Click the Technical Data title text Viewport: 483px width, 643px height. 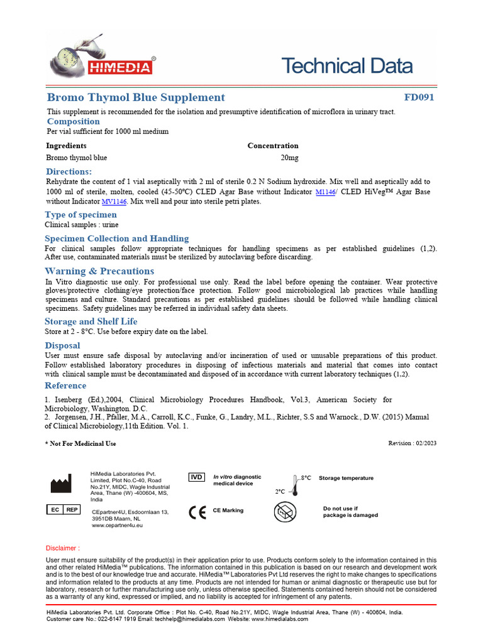tap(347, 66)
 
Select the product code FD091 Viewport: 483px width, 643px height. tap(419, 97)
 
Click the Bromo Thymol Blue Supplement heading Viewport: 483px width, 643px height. tap(136, 97)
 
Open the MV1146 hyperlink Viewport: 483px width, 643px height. tap(114, 202)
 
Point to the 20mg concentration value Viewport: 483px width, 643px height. tap(289, 158)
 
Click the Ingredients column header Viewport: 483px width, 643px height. tap(67, 146)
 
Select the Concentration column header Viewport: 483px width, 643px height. tap(273, 146)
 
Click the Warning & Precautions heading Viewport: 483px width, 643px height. tap(99, 271)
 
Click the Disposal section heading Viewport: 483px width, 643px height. tap(62, 345)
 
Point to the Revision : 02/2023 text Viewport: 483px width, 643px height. tap(413, 443)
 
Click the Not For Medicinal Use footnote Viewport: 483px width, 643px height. tap(80, 444)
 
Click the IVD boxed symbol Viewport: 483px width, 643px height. tap(197, 477)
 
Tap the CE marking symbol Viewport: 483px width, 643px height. tap(197, 512)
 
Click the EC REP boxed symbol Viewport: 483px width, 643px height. tap(63, 510)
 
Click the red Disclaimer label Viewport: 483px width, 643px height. tap(63, 548)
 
